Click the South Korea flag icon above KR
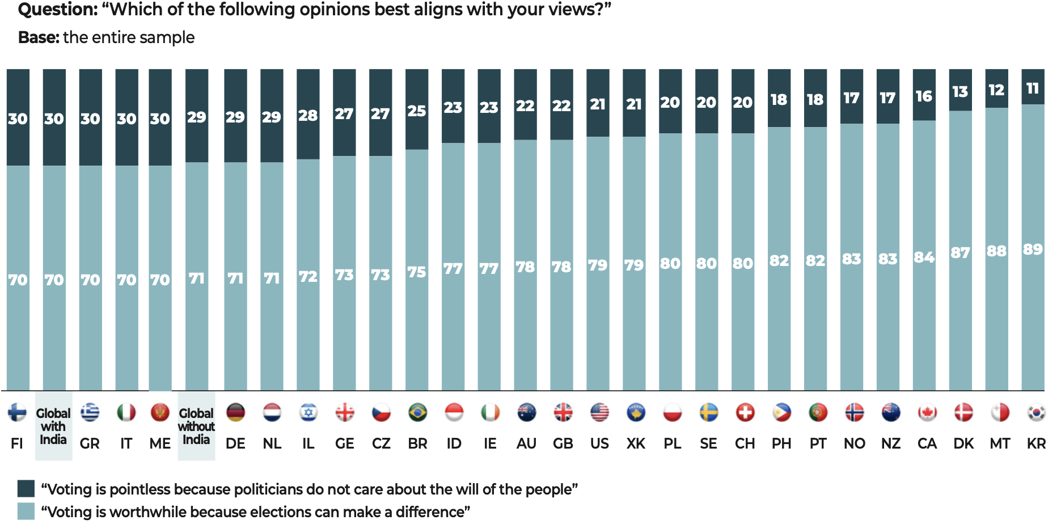coord(1036,413)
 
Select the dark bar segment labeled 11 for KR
coord(1033,87)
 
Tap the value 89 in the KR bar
coord(1033,250)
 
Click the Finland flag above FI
coord(17,413)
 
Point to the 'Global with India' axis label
coord(53,426)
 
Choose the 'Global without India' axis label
coord(196,426)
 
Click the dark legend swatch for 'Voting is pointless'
coord(26,489)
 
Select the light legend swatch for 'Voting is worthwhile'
coord(26,512)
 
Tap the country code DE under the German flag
coord(235,443)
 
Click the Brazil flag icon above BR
coord(417,413)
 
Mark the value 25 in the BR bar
coord(417,111)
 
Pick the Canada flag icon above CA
coord(927,413)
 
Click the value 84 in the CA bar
coord(924,257)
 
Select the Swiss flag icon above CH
coord(745,413)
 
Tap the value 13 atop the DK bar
coord(960,92)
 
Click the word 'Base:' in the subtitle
coord(39,37)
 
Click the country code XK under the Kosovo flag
coord(636,443)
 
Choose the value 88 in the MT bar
coord(996,251)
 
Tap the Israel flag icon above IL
coord(308,413)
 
